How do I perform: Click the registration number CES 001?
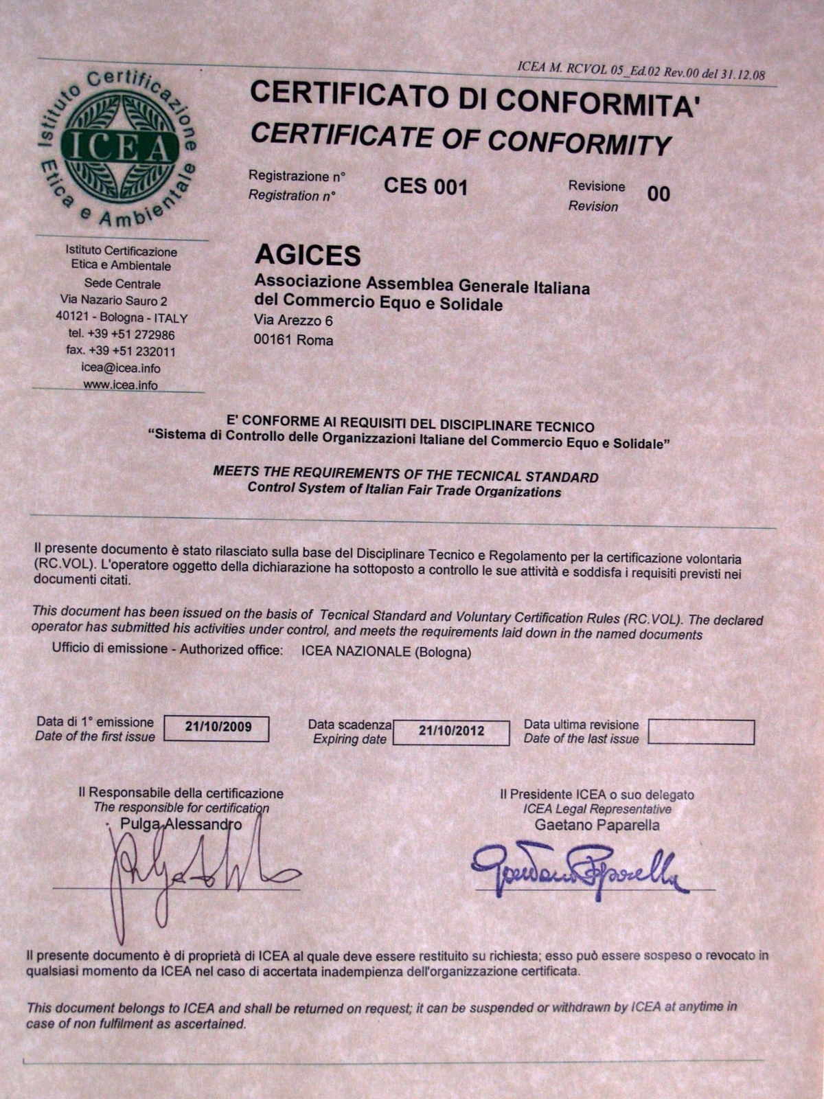pos(425,187)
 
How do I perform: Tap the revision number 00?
pos(658,194)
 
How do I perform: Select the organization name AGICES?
pos(308,255)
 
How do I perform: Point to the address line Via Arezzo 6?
pos(293,320)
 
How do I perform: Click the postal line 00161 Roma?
pos(293,340)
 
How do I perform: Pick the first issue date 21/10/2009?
pos(218,727)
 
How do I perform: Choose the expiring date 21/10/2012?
pos(451,732)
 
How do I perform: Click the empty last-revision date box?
pos(700,732)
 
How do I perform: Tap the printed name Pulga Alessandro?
pos(181,824)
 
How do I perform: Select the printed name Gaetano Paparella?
pos(597,826)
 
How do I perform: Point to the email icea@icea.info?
pos(121,368)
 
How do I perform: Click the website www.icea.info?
pos(121,385)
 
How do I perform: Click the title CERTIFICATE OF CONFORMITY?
pos(460,138)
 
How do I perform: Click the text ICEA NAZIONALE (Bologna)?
pos(386,653)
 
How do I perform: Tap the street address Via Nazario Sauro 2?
pos(113,301)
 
